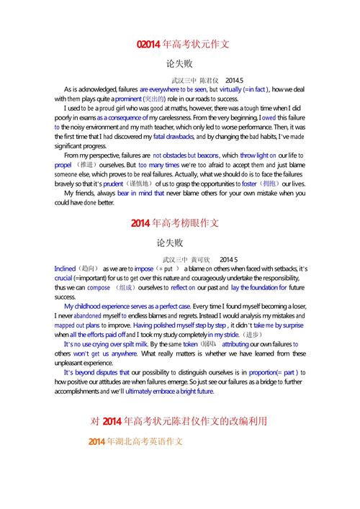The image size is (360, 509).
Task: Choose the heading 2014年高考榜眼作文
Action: click(x=180, y=223)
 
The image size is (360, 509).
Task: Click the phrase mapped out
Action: click(x=70, y=325)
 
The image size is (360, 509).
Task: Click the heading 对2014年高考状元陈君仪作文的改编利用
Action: click(x=180, y=420)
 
